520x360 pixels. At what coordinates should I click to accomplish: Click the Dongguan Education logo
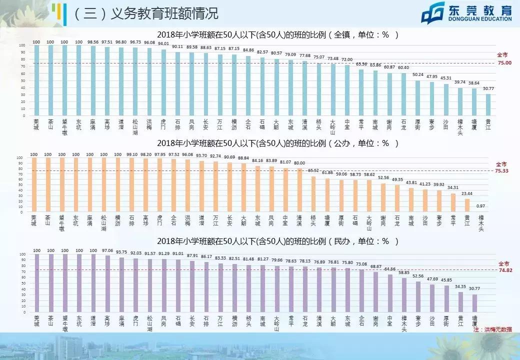pos(466,13)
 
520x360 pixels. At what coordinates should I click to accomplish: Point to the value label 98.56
pos(93,42)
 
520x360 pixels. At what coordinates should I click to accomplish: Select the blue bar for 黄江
pos(488,105)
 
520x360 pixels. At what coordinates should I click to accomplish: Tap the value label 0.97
pos(480,206)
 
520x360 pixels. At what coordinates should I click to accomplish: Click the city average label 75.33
pos(501,170)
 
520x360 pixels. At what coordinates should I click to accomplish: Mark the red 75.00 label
pos(504,62)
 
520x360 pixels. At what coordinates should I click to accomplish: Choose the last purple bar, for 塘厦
pos(474,303)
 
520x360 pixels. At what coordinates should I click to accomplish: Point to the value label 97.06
pos(107,250)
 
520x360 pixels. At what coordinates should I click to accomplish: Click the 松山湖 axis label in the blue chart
pos(135,127)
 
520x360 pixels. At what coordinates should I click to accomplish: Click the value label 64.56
pos(389,269)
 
